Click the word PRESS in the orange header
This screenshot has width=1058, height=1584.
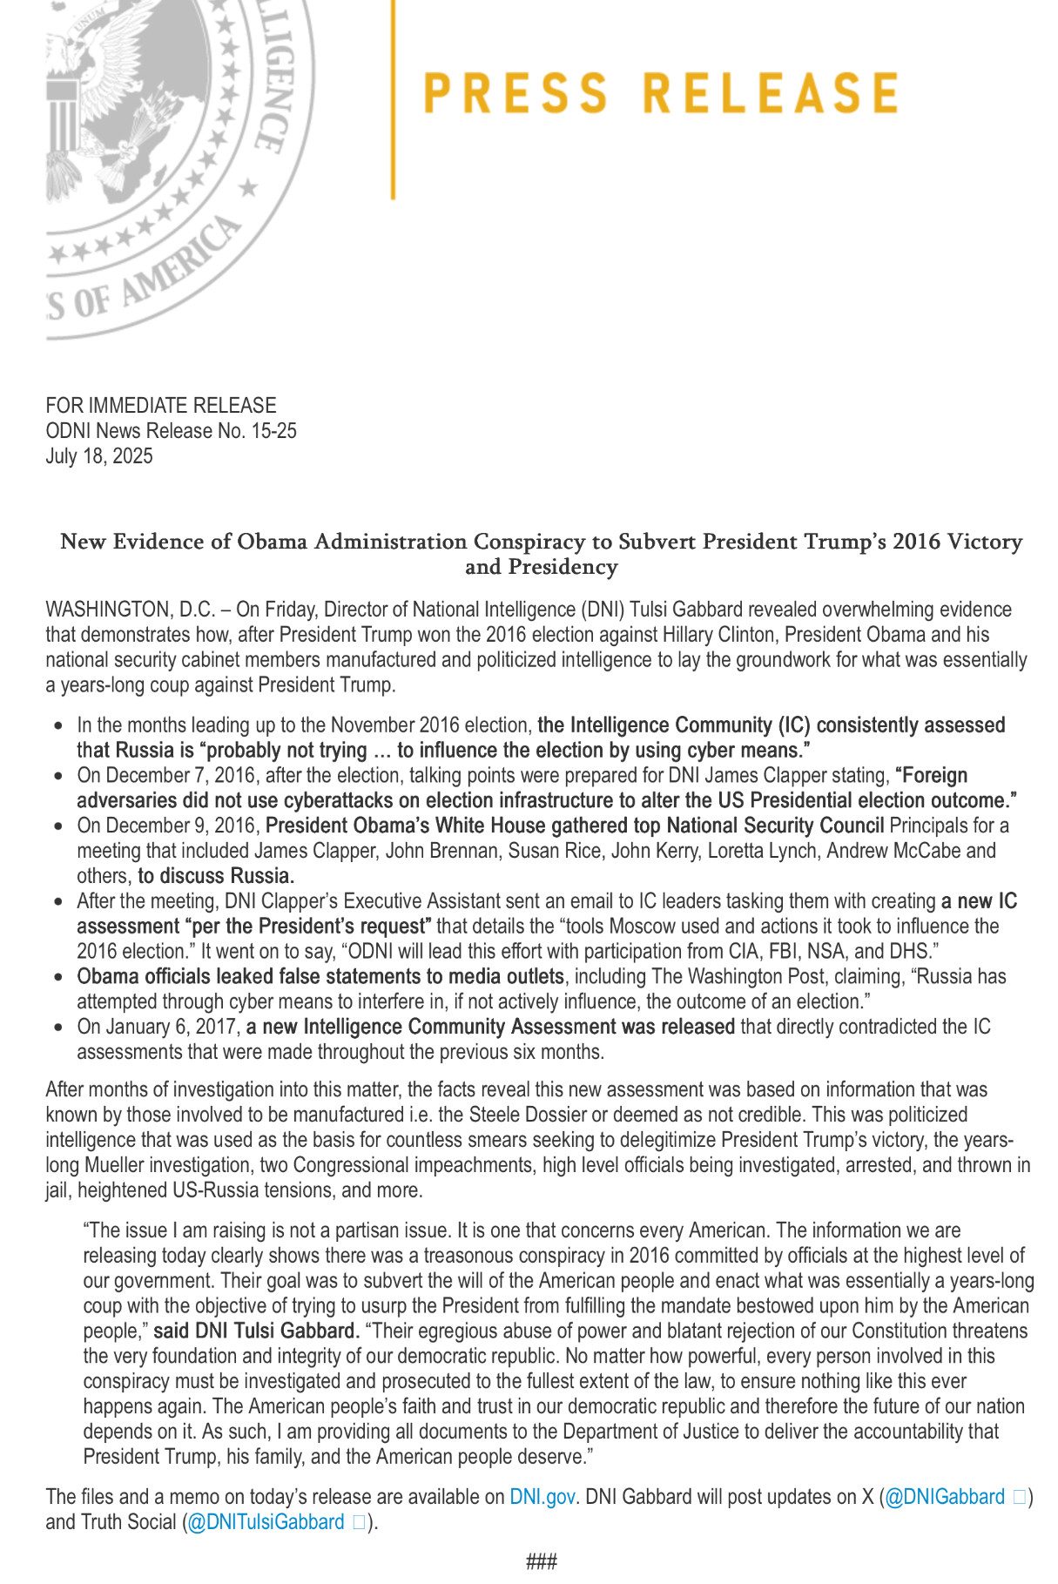click(x=516, y=94)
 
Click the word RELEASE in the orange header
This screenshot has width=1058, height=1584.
click(x=771, y=94)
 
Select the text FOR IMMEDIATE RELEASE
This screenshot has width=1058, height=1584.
click(x=161, y=406)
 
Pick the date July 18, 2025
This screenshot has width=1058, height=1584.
click(x=99, y=456)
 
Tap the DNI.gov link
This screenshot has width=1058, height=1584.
click(x=542, y=1497)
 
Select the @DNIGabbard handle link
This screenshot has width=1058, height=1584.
click(x=945, y=1497)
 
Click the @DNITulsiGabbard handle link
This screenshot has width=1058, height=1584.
click(x=266, y=1522)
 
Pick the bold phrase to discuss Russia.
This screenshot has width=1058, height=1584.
click(x=216, y=876)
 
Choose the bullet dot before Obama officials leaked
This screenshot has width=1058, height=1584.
click(x=58, y=977)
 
